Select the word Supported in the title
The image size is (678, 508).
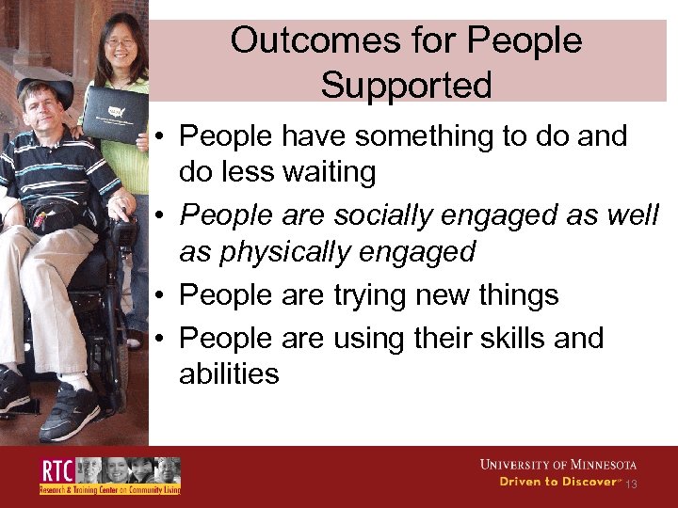(406, 86)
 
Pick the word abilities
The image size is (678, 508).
(229, 374)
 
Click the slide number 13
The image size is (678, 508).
(631, 484)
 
